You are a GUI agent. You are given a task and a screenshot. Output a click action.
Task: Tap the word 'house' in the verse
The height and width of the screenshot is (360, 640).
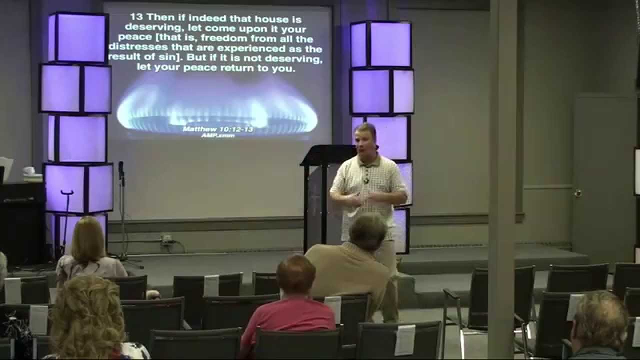coord(268,19)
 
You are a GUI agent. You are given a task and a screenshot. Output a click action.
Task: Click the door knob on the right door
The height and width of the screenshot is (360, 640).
coord(578,193)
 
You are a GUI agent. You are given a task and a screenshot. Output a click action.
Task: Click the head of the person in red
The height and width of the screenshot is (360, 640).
coord(295,275)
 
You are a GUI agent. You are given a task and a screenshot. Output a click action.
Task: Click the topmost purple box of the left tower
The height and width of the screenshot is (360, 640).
coord(78,37)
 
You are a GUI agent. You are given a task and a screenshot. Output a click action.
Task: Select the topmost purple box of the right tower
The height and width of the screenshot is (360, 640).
coord(381,44)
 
